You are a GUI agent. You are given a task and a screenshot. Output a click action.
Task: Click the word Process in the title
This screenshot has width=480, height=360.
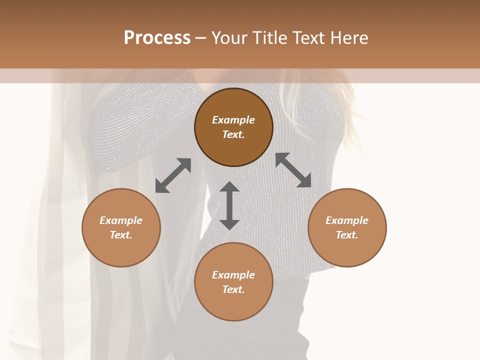[x=157, y=37]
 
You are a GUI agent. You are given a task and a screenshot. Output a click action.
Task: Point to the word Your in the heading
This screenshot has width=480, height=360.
[x=230, y=37]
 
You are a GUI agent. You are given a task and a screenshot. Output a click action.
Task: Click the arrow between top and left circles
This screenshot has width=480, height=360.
[x=173, y=175]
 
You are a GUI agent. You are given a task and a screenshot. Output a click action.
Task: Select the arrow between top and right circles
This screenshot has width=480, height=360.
[x=293, y=170]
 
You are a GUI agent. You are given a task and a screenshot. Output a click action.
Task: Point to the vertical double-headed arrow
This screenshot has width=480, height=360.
[x=229, y=205]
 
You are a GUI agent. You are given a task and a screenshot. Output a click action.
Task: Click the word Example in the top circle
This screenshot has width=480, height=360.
[x=233, y=120]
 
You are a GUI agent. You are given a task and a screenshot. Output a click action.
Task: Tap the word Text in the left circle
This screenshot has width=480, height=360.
[x=121, y=235]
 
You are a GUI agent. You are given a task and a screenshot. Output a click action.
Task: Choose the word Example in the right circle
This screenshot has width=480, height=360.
[x=347, y=220]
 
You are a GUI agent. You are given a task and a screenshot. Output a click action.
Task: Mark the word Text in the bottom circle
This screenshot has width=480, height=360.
[x=233, y=289]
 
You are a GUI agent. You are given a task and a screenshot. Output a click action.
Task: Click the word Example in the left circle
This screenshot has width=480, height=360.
[x=121, y=220]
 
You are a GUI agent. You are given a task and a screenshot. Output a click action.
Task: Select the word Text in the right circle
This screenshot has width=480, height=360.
[x=347, y=235]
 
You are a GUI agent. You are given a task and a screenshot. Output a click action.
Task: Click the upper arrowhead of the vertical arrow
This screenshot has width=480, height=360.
[x=229, y=187]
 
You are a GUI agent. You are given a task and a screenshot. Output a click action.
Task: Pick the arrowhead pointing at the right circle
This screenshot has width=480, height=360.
[x=304, y=181]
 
